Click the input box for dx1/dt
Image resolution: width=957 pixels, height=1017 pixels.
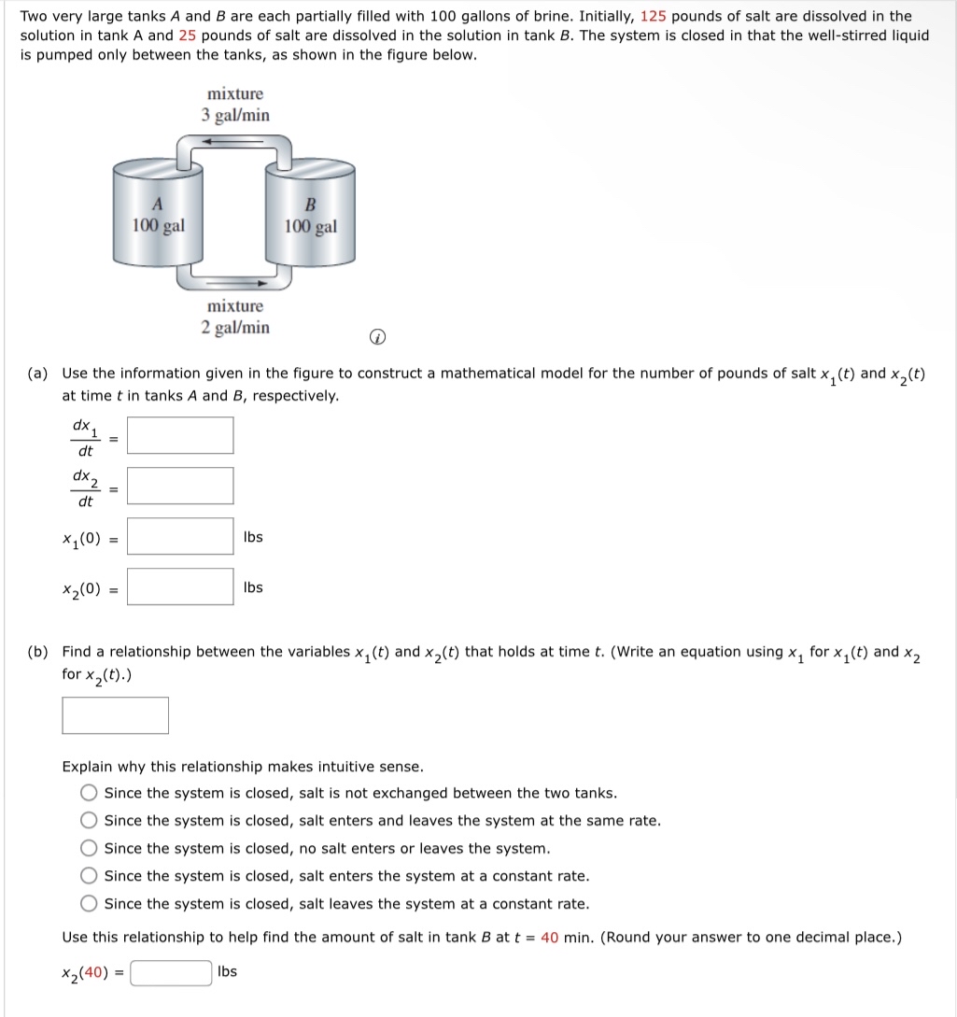coord(180,435)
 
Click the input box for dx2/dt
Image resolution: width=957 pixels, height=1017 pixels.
coord(180,486)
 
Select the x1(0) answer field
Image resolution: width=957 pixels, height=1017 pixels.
coord(180,537)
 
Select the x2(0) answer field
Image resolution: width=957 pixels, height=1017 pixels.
coord(180,587)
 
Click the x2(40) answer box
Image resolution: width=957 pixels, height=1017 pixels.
coord(171,973)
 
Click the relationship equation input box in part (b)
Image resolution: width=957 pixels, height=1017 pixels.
coord(115,715)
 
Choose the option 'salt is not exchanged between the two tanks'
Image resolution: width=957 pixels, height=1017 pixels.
coord(89,794)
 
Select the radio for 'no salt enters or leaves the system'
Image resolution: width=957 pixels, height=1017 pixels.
coord(89,849)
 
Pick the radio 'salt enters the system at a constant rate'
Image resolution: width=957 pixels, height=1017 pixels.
coord(89,876)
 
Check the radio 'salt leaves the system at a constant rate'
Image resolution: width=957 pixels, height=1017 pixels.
coord(89,904)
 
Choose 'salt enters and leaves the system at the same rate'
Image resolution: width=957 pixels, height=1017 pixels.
coord(89,821)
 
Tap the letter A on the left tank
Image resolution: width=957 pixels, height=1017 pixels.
coord(158,205)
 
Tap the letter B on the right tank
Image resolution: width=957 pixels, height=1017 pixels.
coord(311,205)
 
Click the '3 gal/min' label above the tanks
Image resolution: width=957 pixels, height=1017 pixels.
coord(235,116)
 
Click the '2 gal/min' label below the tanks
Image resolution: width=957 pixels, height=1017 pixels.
coord(235,328)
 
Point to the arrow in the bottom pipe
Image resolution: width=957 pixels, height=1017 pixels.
coord(250,280)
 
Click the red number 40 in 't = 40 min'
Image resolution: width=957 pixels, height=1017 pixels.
coord(549,938)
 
